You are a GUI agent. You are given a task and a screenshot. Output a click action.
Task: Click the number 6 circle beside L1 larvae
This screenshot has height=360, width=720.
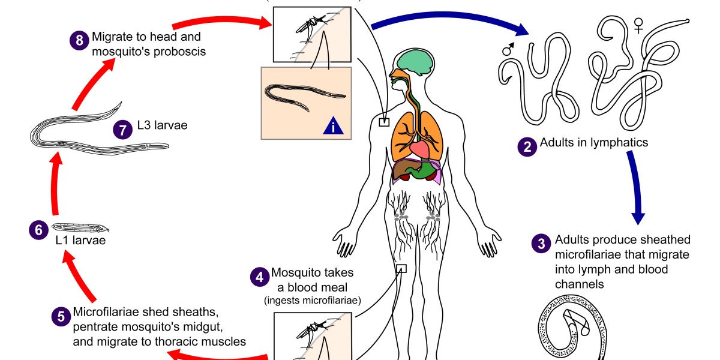[38, 229]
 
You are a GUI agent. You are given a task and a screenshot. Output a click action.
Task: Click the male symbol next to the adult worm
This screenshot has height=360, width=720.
[507, 50]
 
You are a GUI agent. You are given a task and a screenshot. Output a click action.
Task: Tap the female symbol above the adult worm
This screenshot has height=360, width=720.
[639, 25]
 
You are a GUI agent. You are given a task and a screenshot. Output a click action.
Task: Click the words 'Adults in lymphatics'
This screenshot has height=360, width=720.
[594, 143]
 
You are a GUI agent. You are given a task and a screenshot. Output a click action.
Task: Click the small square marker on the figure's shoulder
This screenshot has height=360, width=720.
[384, 122]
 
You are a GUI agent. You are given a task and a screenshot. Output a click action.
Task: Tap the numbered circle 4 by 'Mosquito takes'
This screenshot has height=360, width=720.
[259, 277]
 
